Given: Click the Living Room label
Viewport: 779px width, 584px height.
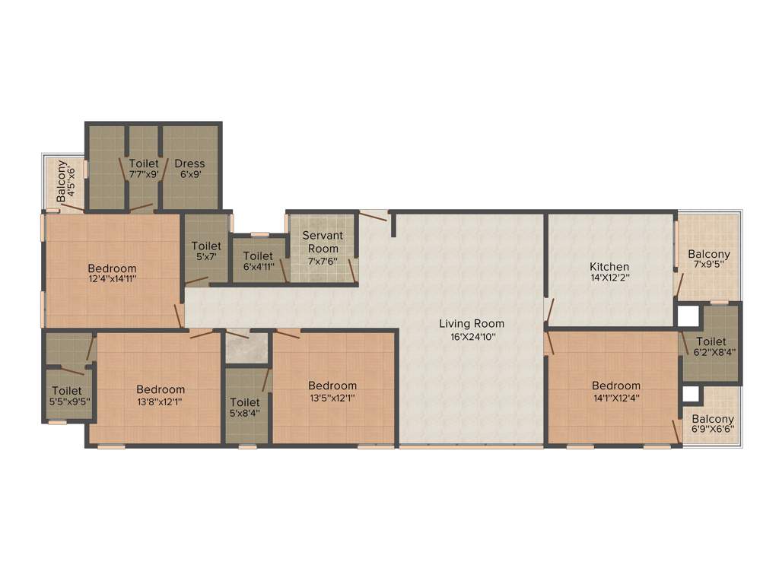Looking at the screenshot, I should point(472,323).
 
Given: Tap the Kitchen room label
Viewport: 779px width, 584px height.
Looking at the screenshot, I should point(609,267).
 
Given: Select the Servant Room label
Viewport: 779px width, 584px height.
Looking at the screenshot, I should point(323,242).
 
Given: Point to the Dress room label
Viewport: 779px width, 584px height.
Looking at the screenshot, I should point(189,163).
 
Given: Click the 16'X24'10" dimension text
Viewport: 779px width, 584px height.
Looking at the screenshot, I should point(472,336).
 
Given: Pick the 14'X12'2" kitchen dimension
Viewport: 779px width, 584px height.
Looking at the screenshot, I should point(609,278).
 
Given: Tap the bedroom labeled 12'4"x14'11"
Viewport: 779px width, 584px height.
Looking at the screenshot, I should point(112,268).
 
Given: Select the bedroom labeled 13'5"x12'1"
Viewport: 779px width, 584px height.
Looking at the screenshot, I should point(332,386).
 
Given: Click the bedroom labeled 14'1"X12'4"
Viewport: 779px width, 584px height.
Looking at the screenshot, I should point(616,386).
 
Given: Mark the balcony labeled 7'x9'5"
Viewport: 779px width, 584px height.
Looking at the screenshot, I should point(709,254).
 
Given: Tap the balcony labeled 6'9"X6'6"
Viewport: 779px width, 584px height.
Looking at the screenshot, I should point(713,419).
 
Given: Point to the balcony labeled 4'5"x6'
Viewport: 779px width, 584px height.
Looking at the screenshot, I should point(66,179).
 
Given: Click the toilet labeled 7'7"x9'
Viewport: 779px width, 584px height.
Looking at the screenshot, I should point(144,163).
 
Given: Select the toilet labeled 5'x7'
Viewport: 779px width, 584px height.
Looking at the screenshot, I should point(206,246).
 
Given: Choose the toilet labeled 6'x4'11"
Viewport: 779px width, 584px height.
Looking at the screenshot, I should point(259,257).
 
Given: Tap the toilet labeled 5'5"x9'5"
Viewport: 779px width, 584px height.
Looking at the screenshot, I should point(67,391).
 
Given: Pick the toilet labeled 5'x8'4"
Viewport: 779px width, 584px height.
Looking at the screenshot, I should point(244,402).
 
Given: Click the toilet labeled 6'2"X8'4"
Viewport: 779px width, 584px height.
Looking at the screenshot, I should point(711,342).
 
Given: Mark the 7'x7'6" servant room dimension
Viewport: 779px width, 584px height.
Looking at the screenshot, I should point(323,261).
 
